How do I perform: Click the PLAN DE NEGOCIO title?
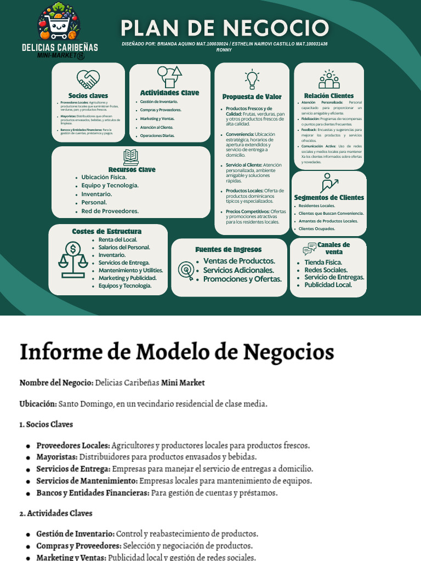[224, 28]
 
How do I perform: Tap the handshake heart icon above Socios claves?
[88, 80]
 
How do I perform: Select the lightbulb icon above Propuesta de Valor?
[252, 79]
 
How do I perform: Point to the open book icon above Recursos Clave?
[131, 157]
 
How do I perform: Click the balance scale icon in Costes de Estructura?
[73, 259]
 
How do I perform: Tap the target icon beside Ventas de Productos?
[185, 269]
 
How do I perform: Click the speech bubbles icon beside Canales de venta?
[310, 249]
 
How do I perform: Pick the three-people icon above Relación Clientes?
[329, 79]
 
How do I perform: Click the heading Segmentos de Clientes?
[329, 197]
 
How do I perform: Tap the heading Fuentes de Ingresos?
[229, 249]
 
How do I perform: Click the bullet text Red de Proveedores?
[110, 211]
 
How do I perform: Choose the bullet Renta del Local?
[118, 239]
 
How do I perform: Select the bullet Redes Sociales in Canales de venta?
[326, 270]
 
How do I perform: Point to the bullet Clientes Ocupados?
[317, 228]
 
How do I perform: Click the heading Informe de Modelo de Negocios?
[177, 351]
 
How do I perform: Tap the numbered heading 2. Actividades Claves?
[55, 513]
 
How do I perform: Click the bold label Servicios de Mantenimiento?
[87, 480]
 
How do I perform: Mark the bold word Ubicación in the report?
[37, 404]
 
